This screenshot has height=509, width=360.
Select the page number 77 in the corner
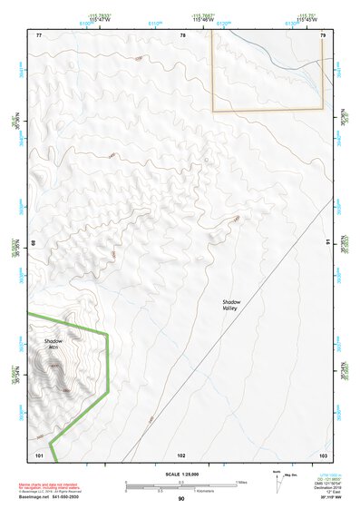click(39, 35)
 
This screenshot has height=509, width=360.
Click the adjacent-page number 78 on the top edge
click(182, 35)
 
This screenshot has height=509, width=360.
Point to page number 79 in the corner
click(323, 35)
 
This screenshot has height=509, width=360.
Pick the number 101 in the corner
click(39, 454)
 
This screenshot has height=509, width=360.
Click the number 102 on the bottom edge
click(181, 454)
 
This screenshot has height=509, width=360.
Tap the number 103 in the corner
click(323, 454)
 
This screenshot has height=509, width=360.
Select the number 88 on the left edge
click(35, 243)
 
